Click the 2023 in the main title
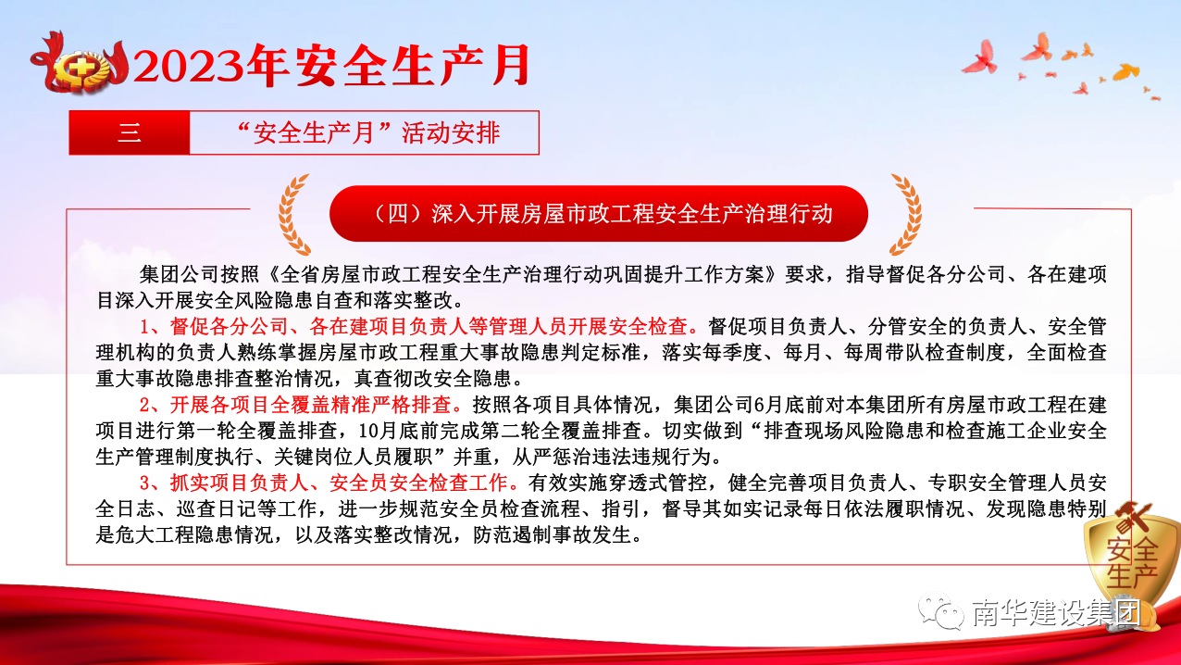(189, 66)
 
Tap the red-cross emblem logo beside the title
(79, 65)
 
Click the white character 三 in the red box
(130, 132)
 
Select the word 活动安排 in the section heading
(450, 132)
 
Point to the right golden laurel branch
(906, 214)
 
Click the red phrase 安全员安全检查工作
(419, 483)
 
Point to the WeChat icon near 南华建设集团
(940, 612)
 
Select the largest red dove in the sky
(981, 57)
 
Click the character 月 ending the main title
(510, 65)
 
